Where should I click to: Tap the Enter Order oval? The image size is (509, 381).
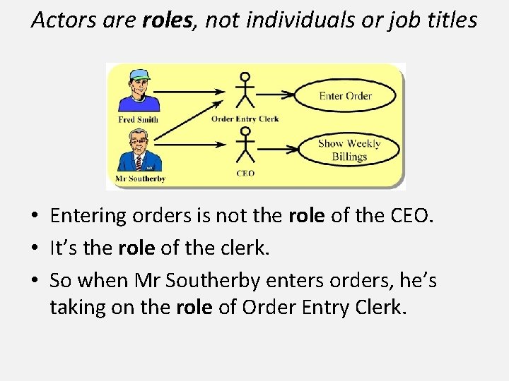click(x=345, y=96)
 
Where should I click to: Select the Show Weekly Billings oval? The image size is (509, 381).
click(x=349, y=149)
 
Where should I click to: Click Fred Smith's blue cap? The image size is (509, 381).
click(x=140, y=74)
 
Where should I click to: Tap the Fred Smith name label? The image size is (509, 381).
click(x=138, y=119)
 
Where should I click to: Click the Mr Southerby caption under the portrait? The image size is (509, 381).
click(x=141, y=179)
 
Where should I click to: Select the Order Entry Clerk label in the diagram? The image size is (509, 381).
click(x=245, y=119)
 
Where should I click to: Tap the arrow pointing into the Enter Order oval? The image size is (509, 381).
click(x=279, y=93)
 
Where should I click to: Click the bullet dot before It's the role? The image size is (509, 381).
click(x=37, y=249)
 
